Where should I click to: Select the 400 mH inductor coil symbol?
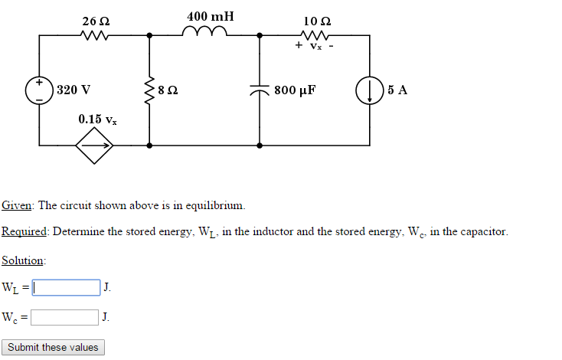pyautogui.click(x=204, y=31)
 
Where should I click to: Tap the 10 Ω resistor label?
pyautogui.click(x=316, y=19)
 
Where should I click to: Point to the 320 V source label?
pyautogui.click(x=74, y=90)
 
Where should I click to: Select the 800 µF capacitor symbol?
pyautogui.click(x=260, y=90)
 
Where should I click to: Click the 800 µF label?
pyautogui.click(x=295, y=90)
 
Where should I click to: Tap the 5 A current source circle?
pyautogui.click(x=370, y=90)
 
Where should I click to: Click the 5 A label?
pyautogui.click(x=397, y=90)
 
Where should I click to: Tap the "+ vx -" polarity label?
pyautogui.click(x=315, y=47)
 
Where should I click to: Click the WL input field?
pyautogui.click(x=66, y=288)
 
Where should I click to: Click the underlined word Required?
pyautogui.click(x=25, y=231)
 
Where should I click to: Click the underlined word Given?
pyautogui.click(x=17, y=205)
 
